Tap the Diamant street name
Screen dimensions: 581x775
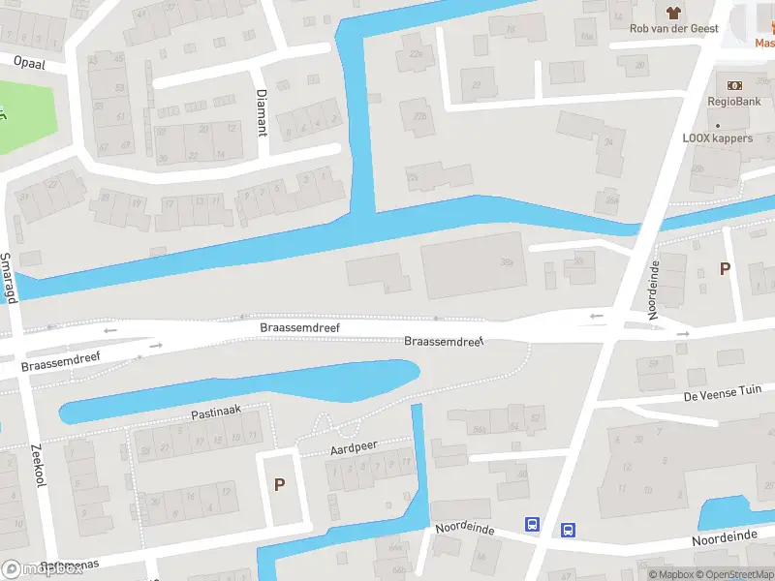(x=261, y=111)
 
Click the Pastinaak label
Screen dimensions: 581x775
(x=215, y=413)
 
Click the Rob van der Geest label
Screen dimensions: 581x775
(x=674, y=29)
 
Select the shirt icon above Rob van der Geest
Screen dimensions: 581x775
(x=673, y=12)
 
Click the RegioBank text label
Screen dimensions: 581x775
(x=733, y=102)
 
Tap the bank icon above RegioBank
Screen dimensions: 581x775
(x=734, y=84)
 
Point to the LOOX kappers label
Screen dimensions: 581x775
(x=717, y=138)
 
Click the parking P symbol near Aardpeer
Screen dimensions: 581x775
(x=280, y=484)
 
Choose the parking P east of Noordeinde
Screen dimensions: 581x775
(x=725, y=269)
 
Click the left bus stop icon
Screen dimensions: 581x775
(x=533, y=524)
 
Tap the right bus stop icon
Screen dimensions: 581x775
(x=568, y=530)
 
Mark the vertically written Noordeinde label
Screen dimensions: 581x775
(x=654, y=290)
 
